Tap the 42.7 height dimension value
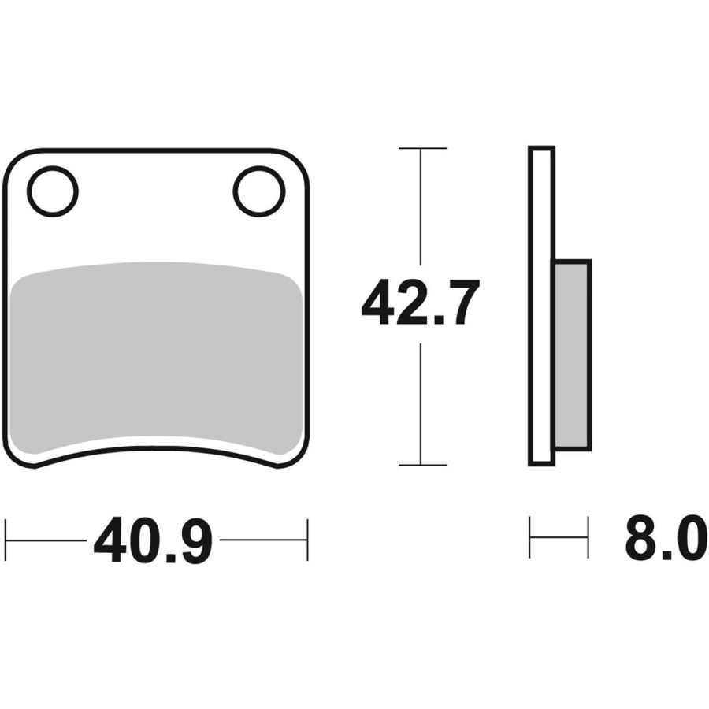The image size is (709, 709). (x=420, y=302)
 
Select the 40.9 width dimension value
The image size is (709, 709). (x=153, y=540)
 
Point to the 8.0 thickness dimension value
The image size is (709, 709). (x=666, y=539)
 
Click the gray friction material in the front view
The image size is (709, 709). (x=155, y=357)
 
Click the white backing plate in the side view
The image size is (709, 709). (x=541, y=306)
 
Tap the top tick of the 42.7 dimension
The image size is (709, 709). (x=423, y=148)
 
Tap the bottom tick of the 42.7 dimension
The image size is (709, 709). (x=423, y=464)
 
